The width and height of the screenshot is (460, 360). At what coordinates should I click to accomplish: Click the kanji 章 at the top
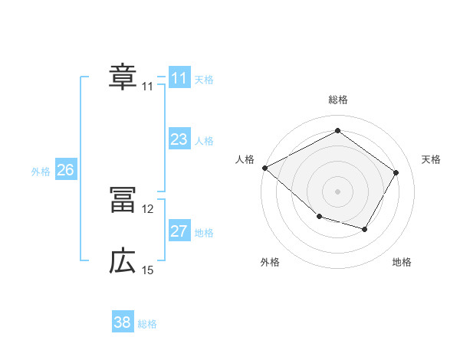(x=122, y=77)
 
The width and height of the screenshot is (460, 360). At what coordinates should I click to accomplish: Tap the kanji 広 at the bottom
(x=122, y=262)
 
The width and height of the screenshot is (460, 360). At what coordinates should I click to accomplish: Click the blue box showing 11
(x=179, y=78)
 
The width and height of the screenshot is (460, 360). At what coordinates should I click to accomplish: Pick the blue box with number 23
(x=179, y=139)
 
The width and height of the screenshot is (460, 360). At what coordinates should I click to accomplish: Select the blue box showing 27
(x=179, y=231)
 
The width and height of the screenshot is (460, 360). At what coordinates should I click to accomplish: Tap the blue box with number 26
(x=65, y=170)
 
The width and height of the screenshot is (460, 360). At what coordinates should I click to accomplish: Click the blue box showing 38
(x=122, y=322)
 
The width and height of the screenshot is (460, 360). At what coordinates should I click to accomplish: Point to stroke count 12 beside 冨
(x=148, y=208)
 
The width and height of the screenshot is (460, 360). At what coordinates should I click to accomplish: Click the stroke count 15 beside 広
(x=148, y=270)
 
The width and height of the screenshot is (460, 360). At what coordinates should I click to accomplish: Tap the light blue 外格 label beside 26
(x=41, y=172)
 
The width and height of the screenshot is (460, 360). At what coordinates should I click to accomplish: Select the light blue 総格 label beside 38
(x=147, y=324)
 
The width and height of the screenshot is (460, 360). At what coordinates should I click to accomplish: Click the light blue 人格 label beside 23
(x=204, y=141)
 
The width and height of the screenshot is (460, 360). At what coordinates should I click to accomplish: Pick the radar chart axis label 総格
(x=338, y=100)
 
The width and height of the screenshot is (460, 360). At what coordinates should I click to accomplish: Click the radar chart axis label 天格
(x=431, y=159)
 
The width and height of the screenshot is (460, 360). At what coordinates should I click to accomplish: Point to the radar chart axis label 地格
(x=402, y=263)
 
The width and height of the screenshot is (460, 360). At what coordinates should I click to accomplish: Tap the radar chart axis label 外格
(x=270, y=263)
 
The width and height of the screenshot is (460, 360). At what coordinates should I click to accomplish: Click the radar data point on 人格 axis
(x=264, y=168)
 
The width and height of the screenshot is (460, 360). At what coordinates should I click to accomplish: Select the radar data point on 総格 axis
(x=337, y=130)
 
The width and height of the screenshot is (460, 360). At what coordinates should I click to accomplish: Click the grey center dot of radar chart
(x=337, y=191)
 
